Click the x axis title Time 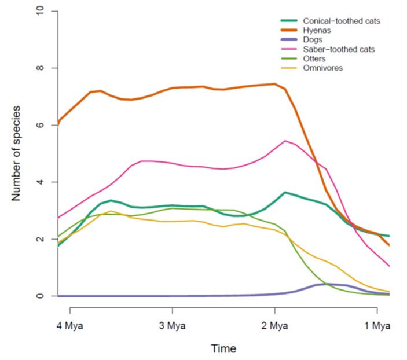(223, 349)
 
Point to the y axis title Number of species (16, 153)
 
